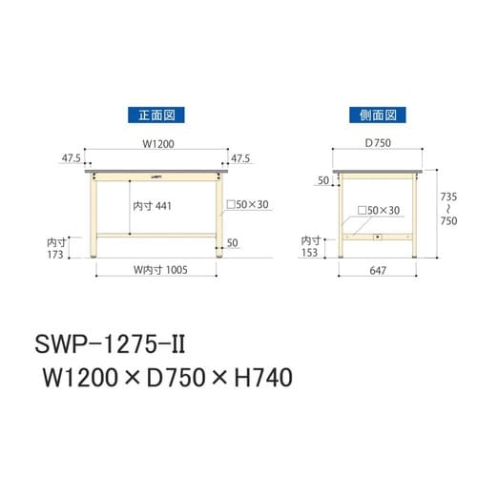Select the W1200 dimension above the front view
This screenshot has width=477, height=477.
pos(158,145)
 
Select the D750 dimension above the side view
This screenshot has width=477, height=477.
pos(376,145)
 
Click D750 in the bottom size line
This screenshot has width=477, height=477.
pos(173,379)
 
